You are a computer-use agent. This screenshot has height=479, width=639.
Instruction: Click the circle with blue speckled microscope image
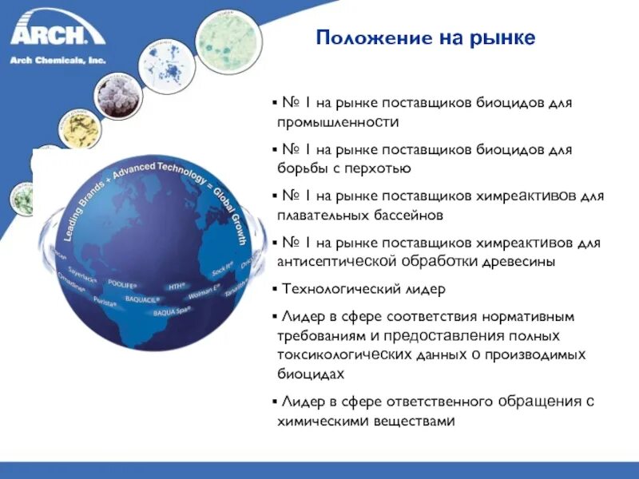[x=169, y=63]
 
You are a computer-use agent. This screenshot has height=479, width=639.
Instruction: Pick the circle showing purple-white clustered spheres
[x=117, y=95]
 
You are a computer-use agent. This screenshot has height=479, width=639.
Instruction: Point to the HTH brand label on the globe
[x=177, y=284]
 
